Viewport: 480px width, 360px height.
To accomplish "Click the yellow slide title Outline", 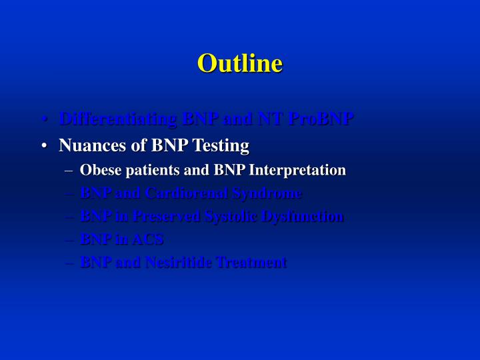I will (x=240, y=63).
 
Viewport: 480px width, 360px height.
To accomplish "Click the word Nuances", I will (x=87, y=145).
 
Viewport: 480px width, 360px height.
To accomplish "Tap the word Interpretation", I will (x=297, y=170).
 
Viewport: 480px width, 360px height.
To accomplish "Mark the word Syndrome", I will (x=269, y=193).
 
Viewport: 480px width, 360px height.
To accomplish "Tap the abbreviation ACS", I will (x=147, y=239).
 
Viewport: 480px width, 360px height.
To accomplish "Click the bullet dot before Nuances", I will (x=43, y=145).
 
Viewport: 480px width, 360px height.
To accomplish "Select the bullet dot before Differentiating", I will (x=43, y=120).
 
